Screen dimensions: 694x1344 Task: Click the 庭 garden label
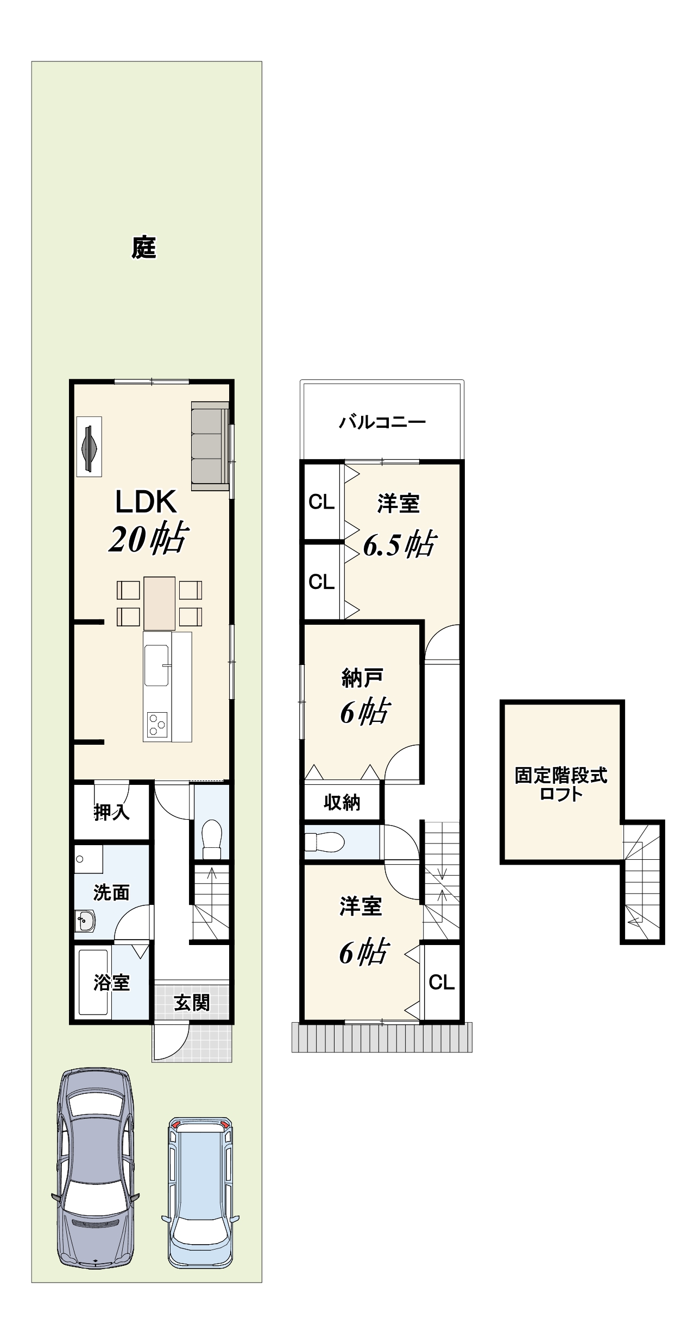[144, 248]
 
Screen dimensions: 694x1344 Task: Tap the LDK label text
[146, 502]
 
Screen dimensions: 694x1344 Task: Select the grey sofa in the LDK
[210, 446]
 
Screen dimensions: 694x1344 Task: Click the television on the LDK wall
[89, 447]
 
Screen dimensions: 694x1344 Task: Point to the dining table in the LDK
[160, 603]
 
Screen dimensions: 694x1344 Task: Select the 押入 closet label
[112, 812]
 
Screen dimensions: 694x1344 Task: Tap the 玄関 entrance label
[192, 1003]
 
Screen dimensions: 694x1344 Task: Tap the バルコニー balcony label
[382, 422]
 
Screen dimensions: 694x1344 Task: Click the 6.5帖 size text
[399, 544]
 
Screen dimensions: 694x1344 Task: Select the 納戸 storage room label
[362, 678]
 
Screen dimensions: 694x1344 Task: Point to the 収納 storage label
[342, 802]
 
